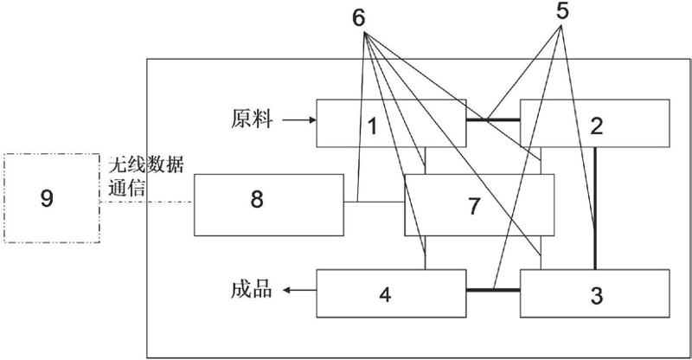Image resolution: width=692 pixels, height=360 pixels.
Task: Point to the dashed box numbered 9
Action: [48, 198]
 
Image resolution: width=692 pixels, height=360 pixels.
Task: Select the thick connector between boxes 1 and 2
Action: [493, 119]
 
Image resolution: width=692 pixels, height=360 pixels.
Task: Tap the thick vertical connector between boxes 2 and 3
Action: [595, 208]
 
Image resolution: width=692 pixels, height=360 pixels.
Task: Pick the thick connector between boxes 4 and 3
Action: [493, 291]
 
